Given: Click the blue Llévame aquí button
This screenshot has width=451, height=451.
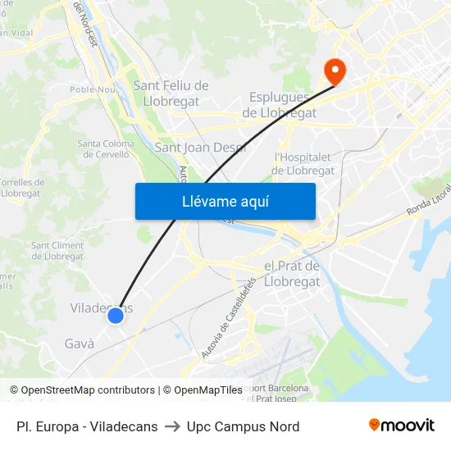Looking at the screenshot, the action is [225, 202].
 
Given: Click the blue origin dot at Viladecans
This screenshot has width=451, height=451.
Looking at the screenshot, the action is [116, 315].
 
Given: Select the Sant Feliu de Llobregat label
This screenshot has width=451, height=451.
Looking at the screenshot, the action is [171, 93].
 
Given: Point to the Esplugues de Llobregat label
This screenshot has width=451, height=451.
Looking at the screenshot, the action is [280, 105].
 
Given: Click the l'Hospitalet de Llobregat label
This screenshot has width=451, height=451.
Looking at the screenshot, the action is [303, 163].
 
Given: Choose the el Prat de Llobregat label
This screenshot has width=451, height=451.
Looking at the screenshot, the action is [292, 274].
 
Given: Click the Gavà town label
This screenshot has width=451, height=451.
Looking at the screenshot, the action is [80, 344].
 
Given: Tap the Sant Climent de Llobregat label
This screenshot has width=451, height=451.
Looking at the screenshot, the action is [57, 251].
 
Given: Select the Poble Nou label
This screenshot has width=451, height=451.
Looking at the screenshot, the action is [92, 90].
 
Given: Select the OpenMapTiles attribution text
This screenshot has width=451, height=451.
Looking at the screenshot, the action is [208, 390].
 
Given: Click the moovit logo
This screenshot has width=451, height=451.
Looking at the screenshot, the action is [402, 426].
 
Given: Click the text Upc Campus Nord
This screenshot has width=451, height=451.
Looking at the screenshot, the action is [243, 426].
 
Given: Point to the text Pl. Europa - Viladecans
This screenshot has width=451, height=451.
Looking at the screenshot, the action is [87, 426].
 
